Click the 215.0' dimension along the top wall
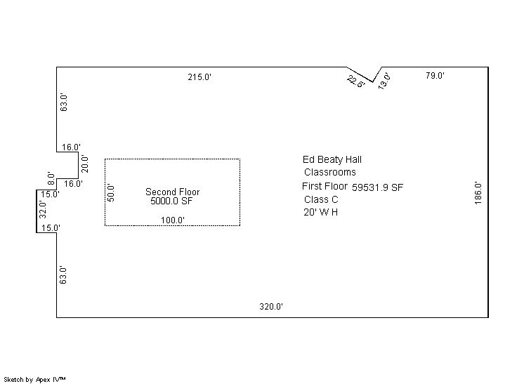[199, 77]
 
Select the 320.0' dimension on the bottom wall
[271, 307]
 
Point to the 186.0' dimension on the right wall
[478, 193]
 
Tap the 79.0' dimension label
[435, 75]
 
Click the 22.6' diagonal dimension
[356, 82]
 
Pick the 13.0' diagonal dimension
[384, 81]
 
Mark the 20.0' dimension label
[85, 164]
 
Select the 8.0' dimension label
[51, 178]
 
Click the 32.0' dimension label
[42, 209]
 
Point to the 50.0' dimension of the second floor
[111, 193]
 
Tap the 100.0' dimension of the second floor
[173, 220]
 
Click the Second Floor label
[172, 192]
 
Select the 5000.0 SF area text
[171, 201]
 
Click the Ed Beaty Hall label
[332, 160]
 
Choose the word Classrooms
[330, 172]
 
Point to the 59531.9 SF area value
[378, 187]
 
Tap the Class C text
[321, 199]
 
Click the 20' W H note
[321, 212]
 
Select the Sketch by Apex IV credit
[34, 380]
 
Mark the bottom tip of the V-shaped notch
[372, 82]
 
